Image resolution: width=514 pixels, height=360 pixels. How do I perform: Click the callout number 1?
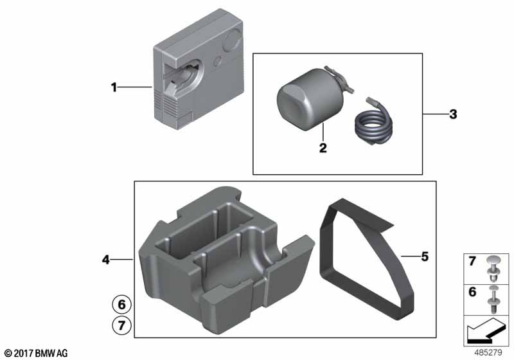114,87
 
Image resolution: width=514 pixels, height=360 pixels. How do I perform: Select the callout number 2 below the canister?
323,148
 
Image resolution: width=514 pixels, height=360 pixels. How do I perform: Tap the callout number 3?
453,114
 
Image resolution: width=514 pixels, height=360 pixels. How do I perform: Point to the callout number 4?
105,260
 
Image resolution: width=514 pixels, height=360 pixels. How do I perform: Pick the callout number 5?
425,256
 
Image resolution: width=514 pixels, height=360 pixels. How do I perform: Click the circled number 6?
121,305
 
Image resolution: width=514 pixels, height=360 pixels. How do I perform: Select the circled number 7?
121,325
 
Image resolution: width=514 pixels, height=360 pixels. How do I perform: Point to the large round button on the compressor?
233,40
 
